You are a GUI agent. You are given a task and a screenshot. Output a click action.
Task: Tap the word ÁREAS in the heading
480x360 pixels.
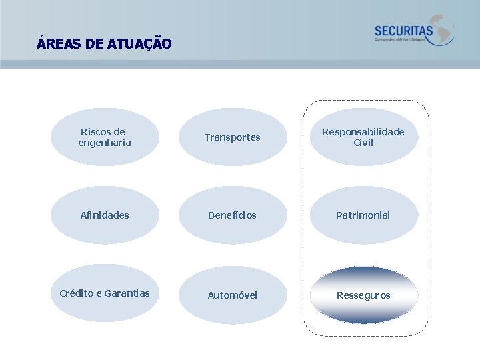[60, 45]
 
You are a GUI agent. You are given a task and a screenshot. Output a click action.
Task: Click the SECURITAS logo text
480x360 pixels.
[403, 31]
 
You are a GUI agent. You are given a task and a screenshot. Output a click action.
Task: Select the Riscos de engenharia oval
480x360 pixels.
[105, 137]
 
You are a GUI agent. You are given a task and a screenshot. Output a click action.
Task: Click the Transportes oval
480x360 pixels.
[233, 137]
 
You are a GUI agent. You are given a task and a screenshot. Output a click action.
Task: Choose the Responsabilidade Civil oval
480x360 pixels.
[363, 137]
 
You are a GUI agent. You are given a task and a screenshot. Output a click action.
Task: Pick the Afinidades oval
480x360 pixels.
[105, 215]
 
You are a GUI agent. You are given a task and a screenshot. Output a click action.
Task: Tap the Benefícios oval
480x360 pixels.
[233, 215]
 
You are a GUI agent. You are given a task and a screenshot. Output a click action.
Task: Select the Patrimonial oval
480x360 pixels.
[363, 215]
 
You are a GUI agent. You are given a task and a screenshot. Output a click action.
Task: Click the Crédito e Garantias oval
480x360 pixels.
[105, 293]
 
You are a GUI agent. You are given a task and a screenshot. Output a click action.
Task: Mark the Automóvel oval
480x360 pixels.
[233, 295]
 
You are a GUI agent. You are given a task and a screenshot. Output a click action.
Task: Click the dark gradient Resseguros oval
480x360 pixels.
[363, 295]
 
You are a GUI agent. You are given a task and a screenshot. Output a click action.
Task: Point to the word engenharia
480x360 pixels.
[105, 143]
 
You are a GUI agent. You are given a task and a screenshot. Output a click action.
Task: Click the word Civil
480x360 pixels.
[363, 143]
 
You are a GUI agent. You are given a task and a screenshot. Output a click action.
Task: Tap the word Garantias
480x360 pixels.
[127, 293]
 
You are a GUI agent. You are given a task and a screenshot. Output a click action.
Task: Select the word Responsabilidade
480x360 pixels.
[363, 132]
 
